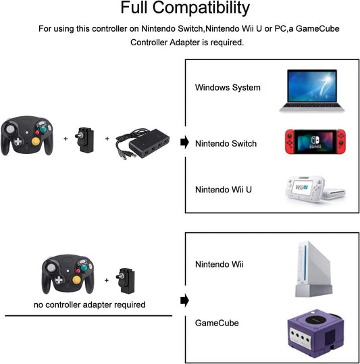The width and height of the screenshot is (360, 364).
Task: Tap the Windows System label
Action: [x=228, y=88]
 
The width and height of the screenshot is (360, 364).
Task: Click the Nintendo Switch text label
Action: [x=226, y=143]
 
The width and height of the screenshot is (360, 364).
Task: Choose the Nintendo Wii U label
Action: [x=224, y=190]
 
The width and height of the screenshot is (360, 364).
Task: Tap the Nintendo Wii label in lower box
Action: [x=218, y=263]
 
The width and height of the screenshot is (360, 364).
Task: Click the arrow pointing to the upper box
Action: [x=183, y=142]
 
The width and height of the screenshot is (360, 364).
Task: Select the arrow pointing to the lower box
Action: [x=183, y=301]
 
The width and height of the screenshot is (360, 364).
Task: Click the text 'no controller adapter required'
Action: [x=90, y=305]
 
